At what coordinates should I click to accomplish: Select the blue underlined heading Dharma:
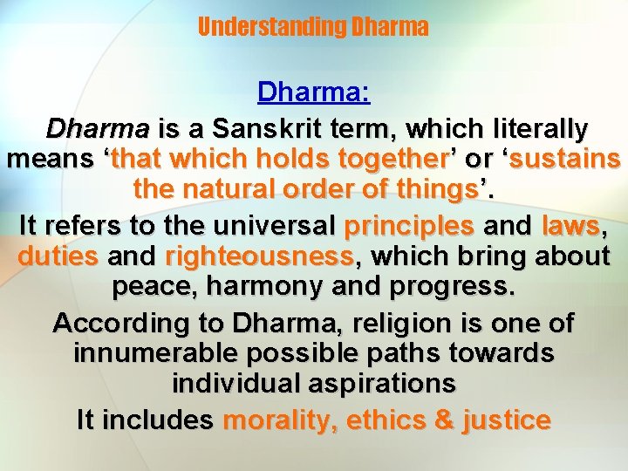click(x=313, y=92)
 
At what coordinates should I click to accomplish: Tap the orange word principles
click(x=410, y=225)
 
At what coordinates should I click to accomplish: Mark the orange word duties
click(x=58, y=257)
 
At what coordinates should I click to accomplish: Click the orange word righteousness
click(x=258, y=257)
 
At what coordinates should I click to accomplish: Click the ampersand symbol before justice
click(x=446, y=420)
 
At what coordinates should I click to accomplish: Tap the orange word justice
click(x=507, y=420)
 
